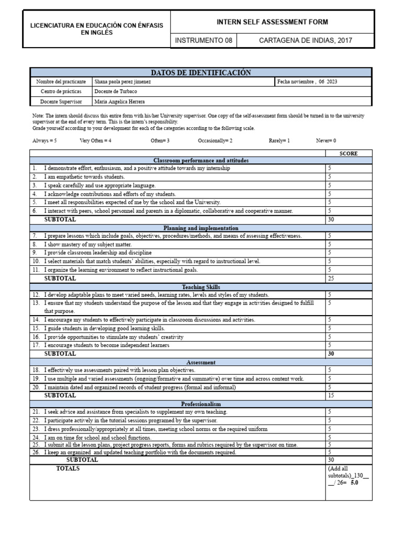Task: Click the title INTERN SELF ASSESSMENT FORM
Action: (272, 21)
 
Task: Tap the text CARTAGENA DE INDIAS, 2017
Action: (305, 41)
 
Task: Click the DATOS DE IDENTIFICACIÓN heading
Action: (200, 73)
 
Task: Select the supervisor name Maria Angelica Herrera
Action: (119, 102)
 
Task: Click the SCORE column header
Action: (348, 153)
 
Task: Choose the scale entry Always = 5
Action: (44, 141)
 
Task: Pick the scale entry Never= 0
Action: (326, 141)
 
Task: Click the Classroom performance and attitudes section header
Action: (200, 160)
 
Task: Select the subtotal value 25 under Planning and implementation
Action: (331, 278)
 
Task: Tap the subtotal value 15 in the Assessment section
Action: (331, 396)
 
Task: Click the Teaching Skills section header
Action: (200, 287)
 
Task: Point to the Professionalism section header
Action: (200, 404)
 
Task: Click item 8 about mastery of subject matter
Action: (88, 244)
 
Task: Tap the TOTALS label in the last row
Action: (68, 468)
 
